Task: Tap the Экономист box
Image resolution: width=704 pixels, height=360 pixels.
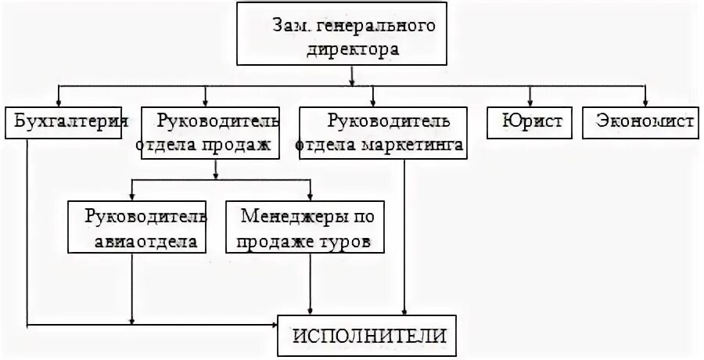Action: click(641, 123)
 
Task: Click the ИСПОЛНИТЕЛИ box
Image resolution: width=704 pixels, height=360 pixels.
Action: click(370, 336)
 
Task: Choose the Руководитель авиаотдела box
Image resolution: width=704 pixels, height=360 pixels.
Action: click(138, 227)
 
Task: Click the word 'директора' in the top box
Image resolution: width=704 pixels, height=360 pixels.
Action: click(351, 50)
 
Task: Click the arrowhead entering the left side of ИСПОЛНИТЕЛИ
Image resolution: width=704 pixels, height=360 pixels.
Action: click(275, 323)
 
